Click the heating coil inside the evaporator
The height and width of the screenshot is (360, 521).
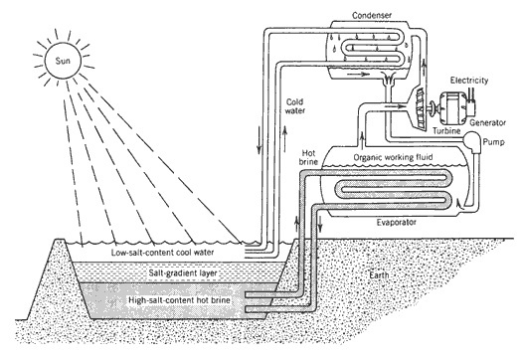388,194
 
